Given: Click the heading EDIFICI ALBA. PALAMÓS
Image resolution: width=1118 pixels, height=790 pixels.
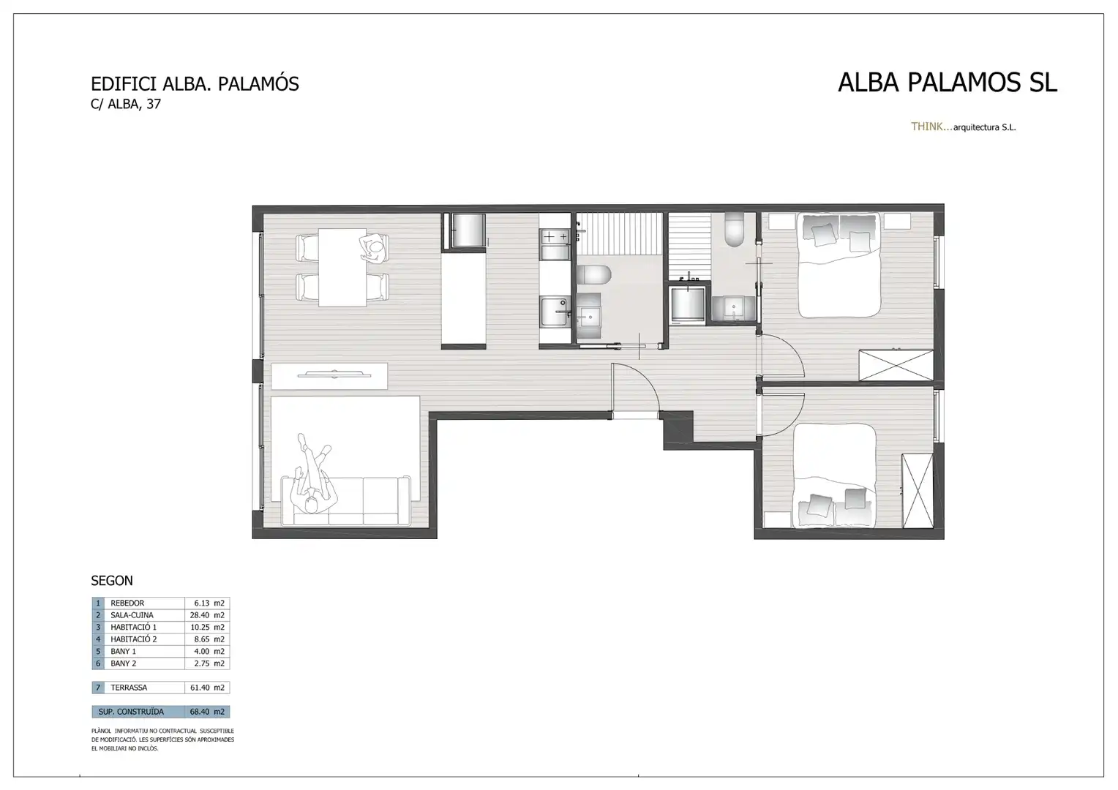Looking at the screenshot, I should click(x=195, y=84).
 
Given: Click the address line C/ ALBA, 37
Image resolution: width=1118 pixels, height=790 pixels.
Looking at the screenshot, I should click(x=125, y=104).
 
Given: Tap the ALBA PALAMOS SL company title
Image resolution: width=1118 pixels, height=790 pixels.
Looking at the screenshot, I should click(x=947, y=83).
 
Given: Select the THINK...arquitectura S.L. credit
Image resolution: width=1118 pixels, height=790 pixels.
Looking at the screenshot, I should click(x=963, y=127).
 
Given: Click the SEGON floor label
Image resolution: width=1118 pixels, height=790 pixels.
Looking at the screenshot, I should click(x=112, y=581).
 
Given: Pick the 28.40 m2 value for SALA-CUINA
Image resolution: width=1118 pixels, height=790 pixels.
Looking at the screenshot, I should click(x=207, y=615).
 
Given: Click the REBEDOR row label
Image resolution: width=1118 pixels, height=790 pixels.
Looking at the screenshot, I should click(x=127, y=603).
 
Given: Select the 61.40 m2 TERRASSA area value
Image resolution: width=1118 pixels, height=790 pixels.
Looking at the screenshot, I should click(x=207, y=688).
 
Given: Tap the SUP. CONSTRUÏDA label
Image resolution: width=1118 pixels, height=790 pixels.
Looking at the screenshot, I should click(x=131, y=712).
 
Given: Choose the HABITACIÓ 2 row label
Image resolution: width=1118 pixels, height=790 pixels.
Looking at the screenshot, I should click(x=133, y=639).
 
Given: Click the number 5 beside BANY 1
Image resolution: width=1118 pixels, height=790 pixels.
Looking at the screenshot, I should click(x=98, y=651).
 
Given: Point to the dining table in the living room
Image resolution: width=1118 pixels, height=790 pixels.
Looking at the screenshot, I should click(x=342, y=268).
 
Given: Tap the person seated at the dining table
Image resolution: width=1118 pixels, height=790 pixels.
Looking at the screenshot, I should click(x=375, y=249).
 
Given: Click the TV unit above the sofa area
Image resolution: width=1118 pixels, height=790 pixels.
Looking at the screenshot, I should click(x=329, y=376).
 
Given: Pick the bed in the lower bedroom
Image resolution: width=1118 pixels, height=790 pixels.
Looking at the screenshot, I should click(x=835, y=475).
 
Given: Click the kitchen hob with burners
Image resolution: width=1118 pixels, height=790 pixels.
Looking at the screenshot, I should click(x=555, y=236).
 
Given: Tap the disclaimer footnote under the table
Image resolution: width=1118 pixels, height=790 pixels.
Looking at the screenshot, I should click(x=162, y=740).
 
